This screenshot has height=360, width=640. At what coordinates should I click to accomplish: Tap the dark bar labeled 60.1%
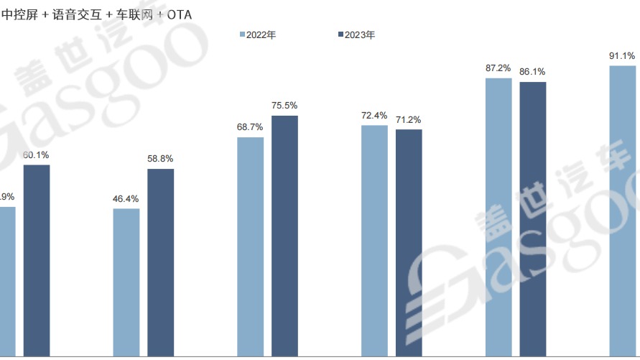[x=37, y=260]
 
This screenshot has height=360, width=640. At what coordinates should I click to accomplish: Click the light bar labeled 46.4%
[x=126, y=282]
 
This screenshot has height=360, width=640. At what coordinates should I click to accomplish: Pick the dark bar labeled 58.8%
[x=160, y=262]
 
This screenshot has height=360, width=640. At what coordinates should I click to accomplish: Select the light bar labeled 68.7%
[x=250, y=246]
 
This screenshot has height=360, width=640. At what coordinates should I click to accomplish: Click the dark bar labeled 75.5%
[x=284, y=236]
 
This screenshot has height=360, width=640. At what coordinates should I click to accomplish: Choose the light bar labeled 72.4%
[x=374, y=241]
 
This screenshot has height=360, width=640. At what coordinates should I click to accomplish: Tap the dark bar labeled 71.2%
[x=409, y=243]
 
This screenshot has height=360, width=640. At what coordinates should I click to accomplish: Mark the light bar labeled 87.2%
[x=498, y=217]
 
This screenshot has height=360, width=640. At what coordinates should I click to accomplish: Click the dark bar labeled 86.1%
[x=533, y=219]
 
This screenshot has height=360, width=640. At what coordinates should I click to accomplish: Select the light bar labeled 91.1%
[x=622, y=211]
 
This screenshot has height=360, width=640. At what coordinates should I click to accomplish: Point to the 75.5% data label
[x=284, y=105]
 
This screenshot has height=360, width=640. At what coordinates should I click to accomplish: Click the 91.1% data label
[x=622, y=55]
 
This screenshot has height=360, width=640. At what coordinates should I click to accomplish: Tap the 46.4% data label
[x=126, y=198]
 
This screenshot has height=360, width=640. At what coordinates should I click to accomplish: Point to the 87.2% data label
[x=498, y=68]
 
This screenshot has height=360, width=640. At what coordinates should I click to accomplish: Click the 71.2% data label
[x=409, y=119]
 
